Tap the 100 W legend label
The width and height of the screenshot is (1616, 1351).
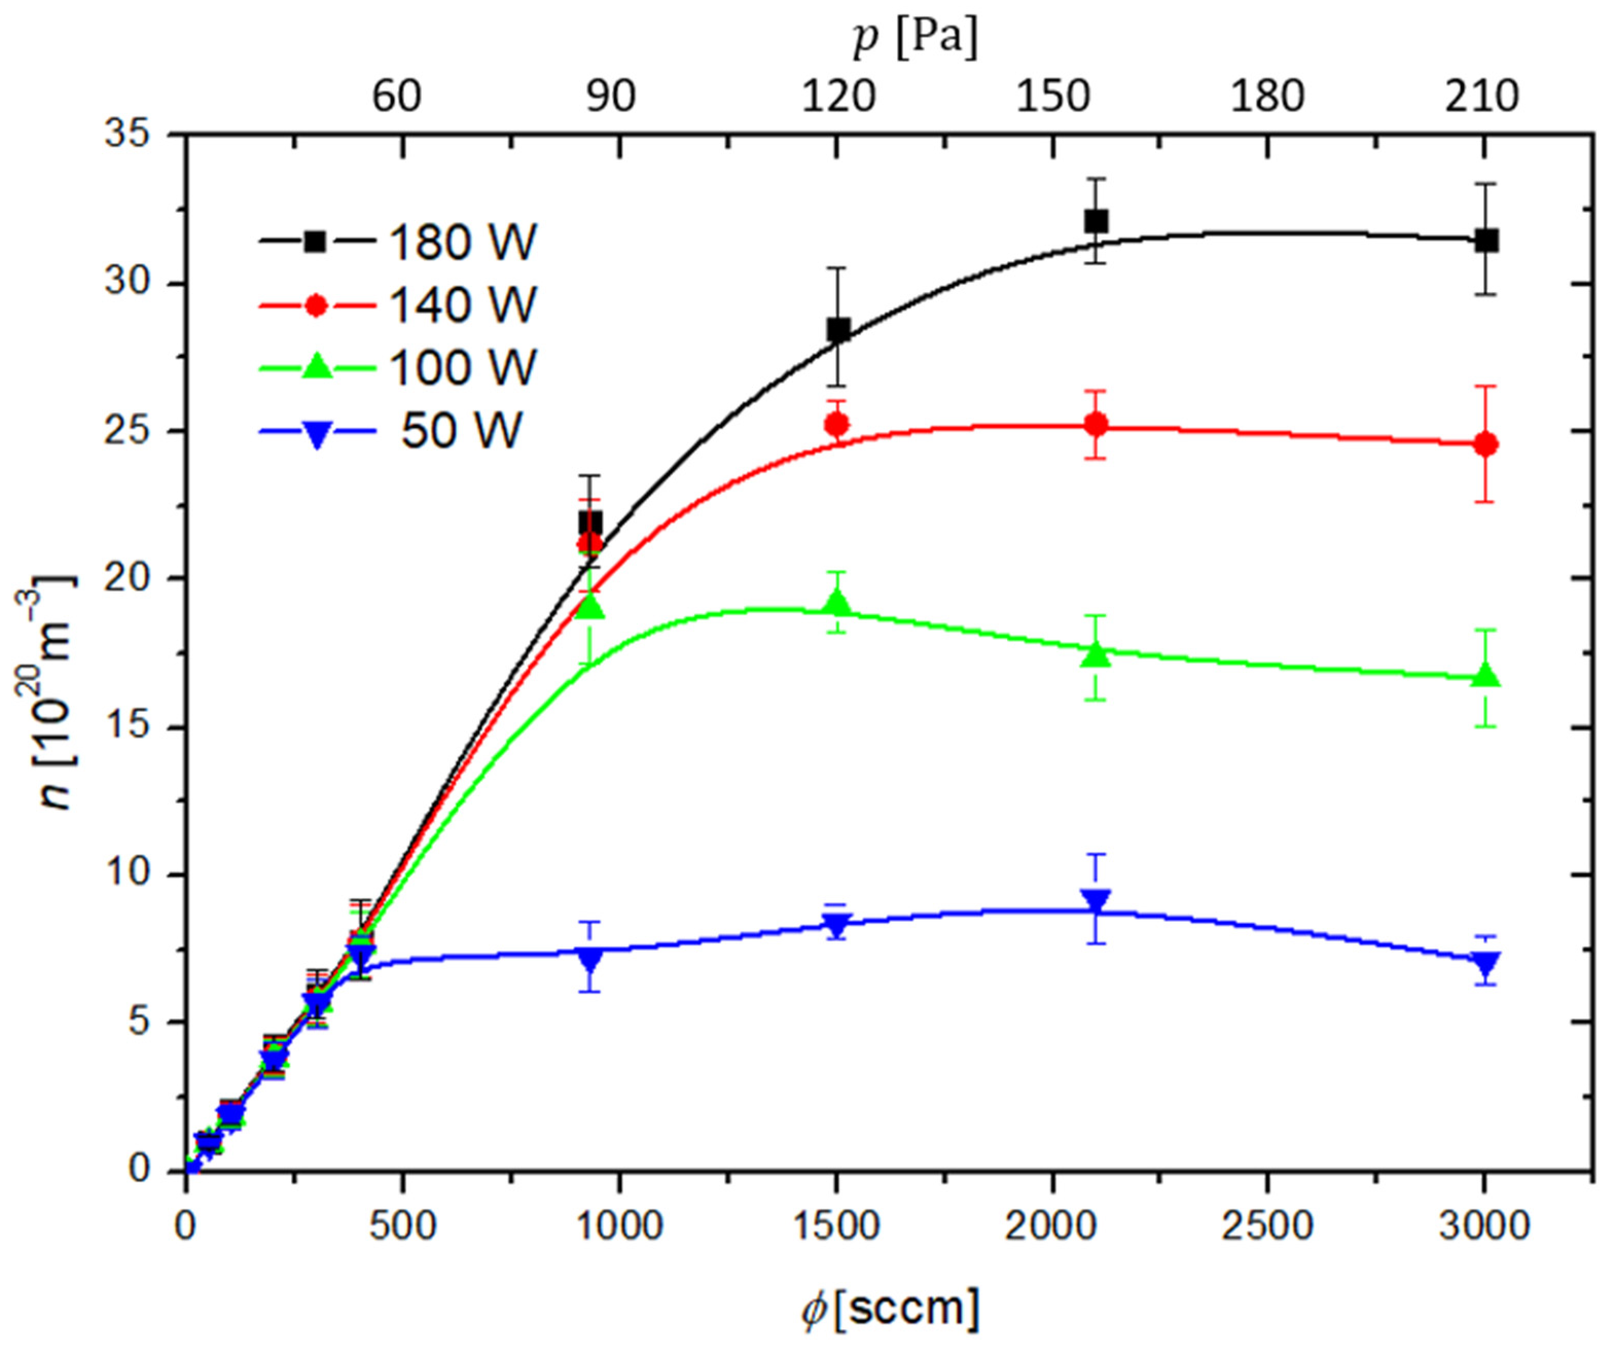(x=462, y=368)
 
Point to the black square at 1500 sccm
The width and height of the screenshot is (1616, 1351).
(x=837, y=330)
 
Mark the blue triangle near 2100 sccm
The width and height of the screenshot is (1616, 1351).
(x=1096, y=901)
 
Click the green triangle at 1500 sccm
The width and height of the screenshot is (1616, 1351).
(x=837, y=604)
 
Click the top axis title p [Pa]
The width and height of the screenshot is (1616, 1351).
(x=915, y=39)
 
